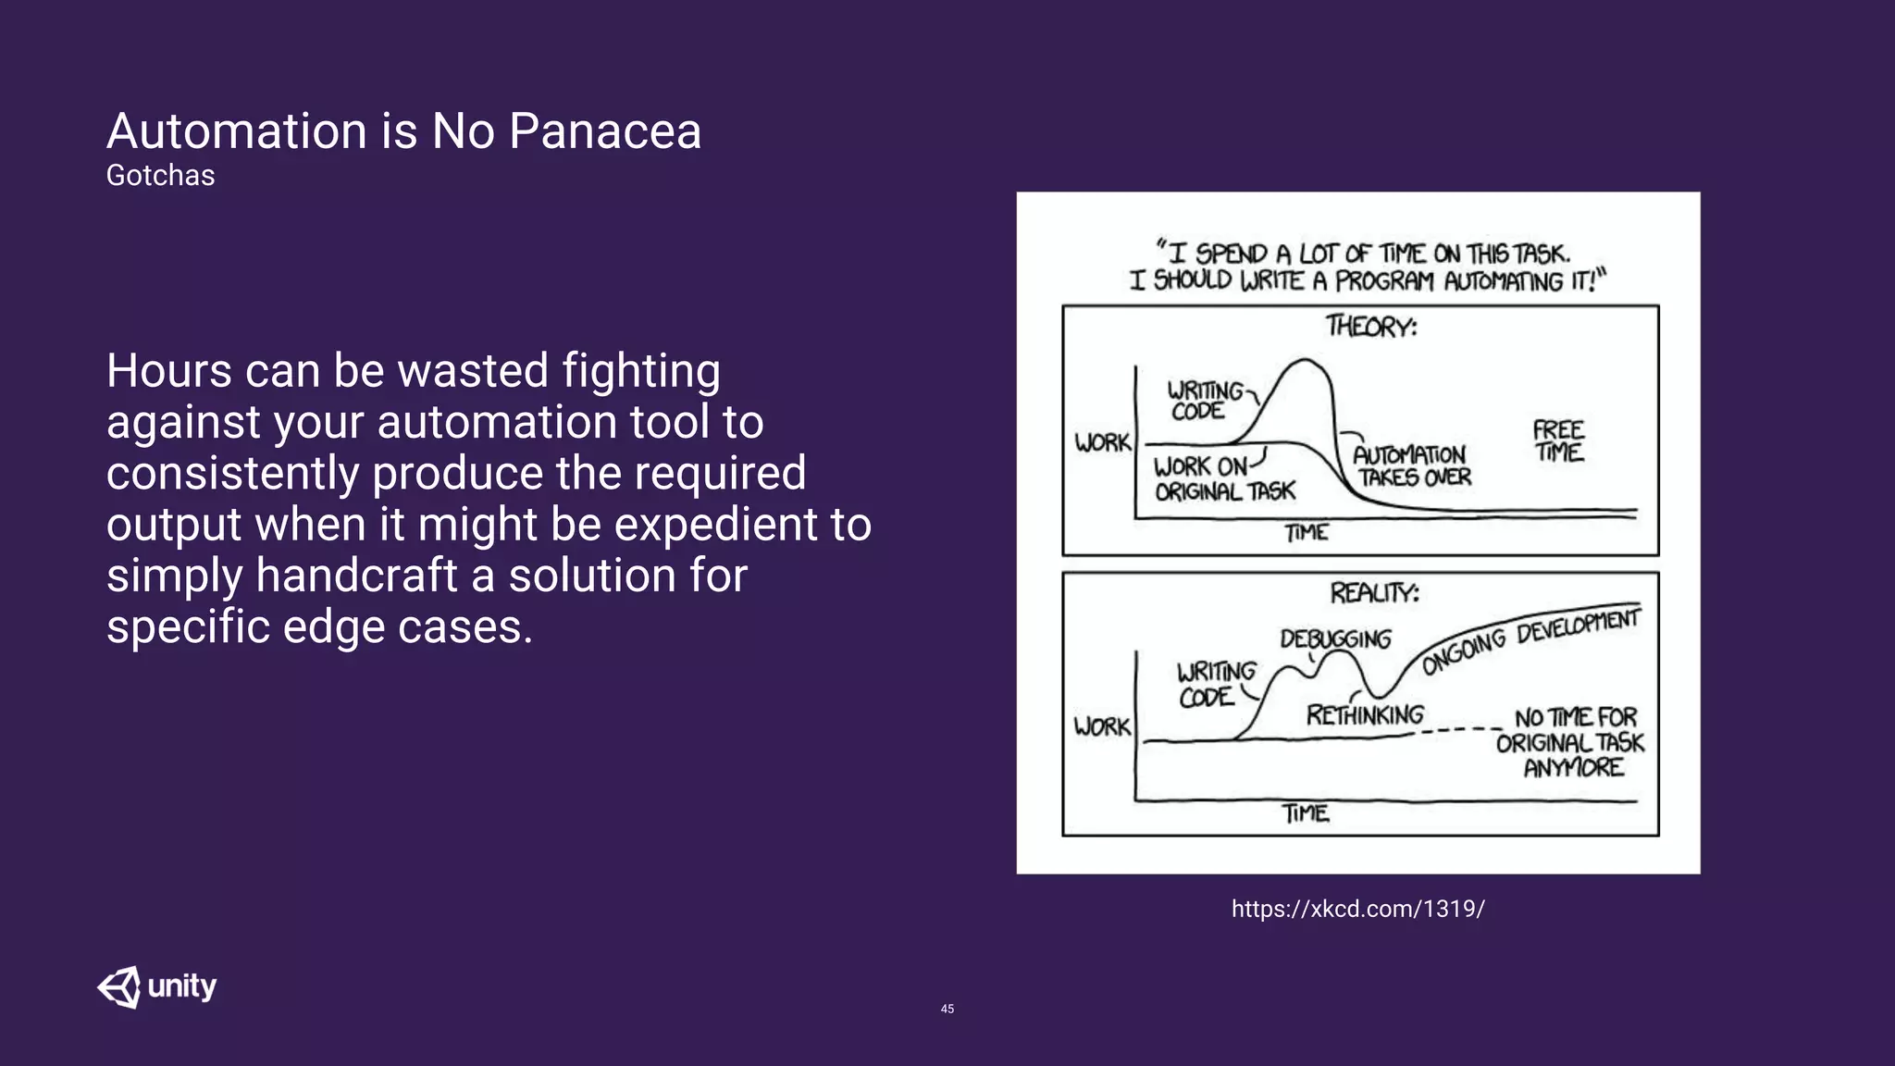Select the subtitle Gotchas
(x=160, y=175)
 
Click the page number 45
(x=947, y=1009)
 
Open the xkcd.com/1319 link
(x=1357, y=909)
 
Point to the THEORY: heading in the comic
(x=1370, y=327)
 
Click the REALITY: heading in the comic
(x=1374, y=592)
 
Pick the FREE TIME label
(x=1558, y=441)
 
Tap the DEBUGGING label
(x=1335, y=638)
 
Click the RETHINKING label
(x=1365, y=715)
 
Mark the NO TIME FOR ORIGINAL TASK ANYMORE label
(x=1572, y=742)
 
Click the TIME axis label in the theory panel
(x=1306, y=533)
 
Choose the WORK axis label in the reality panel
(x=1102, y=726)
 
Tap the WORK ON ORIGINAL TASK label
(x=1223, y=478)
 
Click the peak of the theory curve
(x=1306, y=360)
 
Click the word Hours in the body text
(x=168, y=371)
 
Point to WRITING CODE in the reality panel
(x=1215, y=684)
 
